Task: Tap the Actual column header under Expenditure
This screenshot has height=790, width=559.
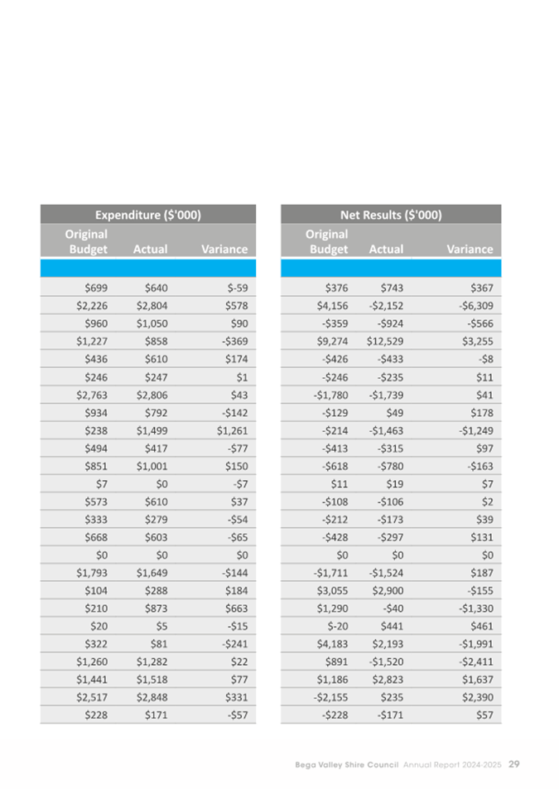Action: (150, 249)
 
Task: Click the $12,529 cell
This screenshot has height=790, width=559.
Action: (385, 340)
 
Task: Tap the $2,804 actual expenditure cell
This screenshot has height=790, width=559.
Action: (152, 304)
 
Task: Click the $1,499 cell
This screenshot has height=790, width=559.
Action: (152, 430)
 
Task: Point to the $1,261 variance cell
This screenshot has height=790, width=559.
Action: (232, 430)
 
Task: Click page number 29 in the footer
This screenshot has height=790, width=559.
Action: (513, 763)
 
